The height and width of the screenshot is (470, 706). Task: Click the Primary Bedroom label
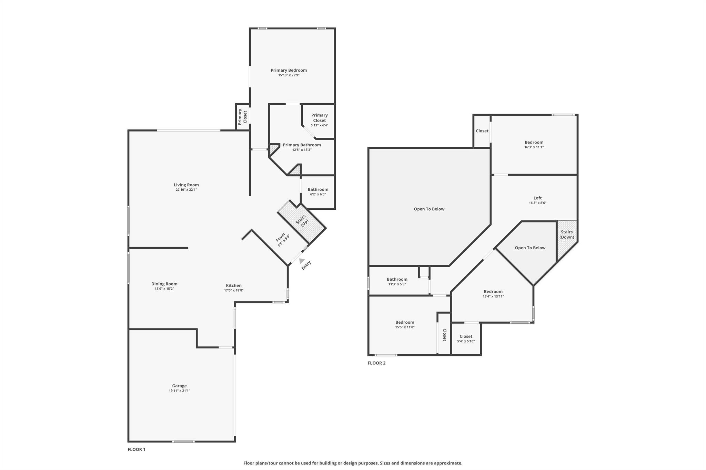click(289, 70)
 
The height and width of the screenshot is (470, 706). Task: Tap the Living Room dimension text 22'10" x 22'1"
click(186, 190)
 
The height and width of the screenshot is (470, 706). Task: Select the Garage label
click(179, 386)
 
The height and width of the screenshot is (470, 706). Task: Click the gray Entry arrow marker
click(302, 261)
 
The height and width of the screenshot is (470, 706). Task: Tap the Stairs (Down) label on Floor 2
click(567, 234)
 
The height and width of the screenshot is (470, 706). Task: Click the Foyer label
click(280, 237)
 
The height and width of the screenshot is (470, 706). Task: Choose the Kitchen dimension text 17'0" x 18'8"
click(234, 290)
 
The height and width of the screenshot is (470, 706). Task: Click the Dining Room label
click(164, 284)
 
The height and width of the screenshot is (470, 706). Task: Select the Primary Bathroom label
click(302, 145)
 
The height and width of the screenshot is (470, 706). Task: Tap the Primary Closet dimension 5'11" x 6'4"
click(319, 125)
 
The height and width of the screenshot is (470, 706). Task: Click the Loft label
click(537, 198)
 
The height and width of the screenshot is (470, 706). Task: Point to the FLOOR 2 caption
click(376, 363)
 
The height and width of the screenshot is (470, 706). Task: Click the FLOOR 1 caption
click(137, 449)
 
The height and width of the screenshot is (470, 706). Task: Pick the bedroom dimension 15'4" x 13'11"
click(493, 296)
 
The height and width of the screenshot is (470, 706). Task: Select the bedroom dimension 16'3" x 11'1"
click(534, 147)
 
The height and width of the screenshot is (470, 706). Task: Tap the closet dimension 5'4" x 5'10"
click(466, 341)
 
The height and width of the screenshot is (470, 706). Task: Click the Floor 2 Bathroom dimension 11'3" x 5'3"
click(397, 284)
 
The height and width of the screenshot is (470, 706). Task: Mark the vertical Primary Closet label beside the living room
click(243, 117)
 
